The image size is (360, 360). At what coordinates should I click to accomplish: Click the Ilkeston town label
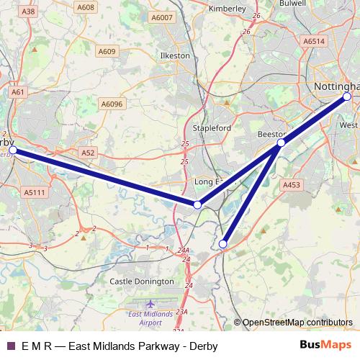[175, 55]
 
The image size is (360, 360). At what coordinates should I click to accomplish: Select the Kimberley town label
[227, 9]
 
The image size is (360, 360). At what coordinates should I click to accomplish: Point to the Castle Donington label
[141, 281]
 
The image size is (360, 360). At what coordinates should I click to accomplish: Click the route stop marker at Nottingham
[346, 96]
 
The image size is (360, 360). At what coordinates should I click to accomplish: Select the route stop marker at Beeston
[281, 143]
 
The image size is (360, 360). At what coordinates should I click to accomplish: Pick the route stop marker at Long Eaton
[197, 205]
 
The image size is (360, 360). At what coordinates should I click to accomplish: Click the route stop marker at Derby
[12, 150]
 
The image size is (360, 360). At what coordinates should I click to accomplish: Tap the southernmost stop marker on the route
[222, 245]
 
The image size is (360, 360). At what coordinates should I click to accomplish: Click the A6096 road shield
[112, 104]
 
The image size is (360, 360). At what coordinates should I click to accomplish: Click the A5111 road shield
[34, 192]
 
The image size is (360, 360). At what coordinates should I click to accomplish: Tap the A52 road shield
[88, 153]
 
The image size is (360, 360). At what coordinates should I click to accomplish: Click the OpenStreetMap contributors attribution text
[297, 323]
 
